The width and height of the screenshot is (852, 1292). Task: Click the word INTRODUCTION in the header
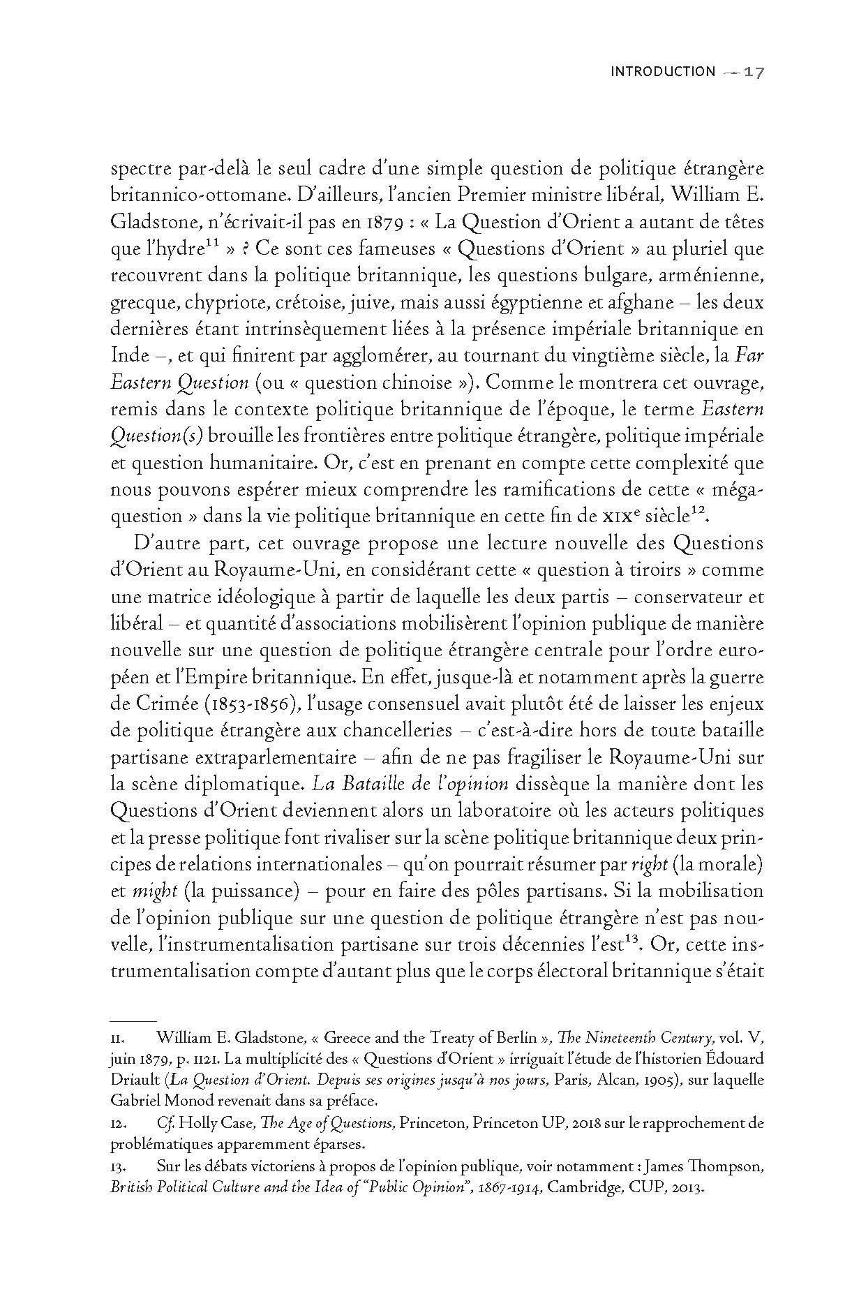click(662, 72)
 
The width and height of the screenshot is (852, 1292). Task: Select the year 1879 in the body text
click(380, 223)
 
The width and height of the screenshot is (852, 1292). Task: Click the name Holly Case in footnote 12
click(209, 1144)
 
